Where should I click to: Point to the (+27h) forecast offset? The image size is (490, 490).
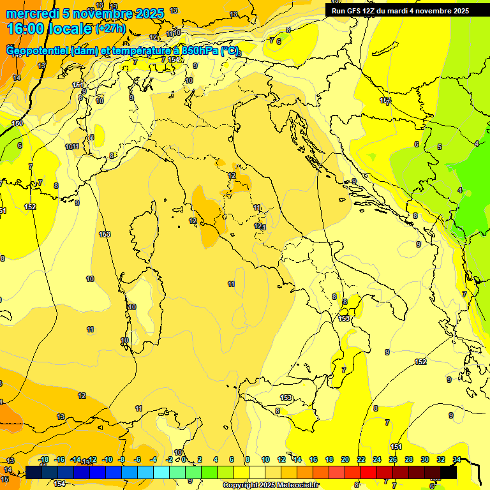click(x=110, y=29)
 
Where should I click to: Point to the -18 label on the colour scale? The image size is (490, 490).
click(x=44, y=459)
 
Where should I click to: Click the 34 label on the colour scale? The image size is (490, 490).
click(x=457, y=459)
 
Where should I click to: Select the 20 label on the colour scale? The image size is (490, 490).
click(x=345, y=459)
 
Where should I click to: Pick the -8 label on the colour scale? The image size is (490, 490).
click(x=121, y=459)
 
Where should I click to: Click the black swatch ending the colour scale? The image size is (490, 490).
click(x=449, y=472)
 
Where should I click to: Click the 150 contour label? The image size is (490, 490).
click(x=17, y=123)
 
